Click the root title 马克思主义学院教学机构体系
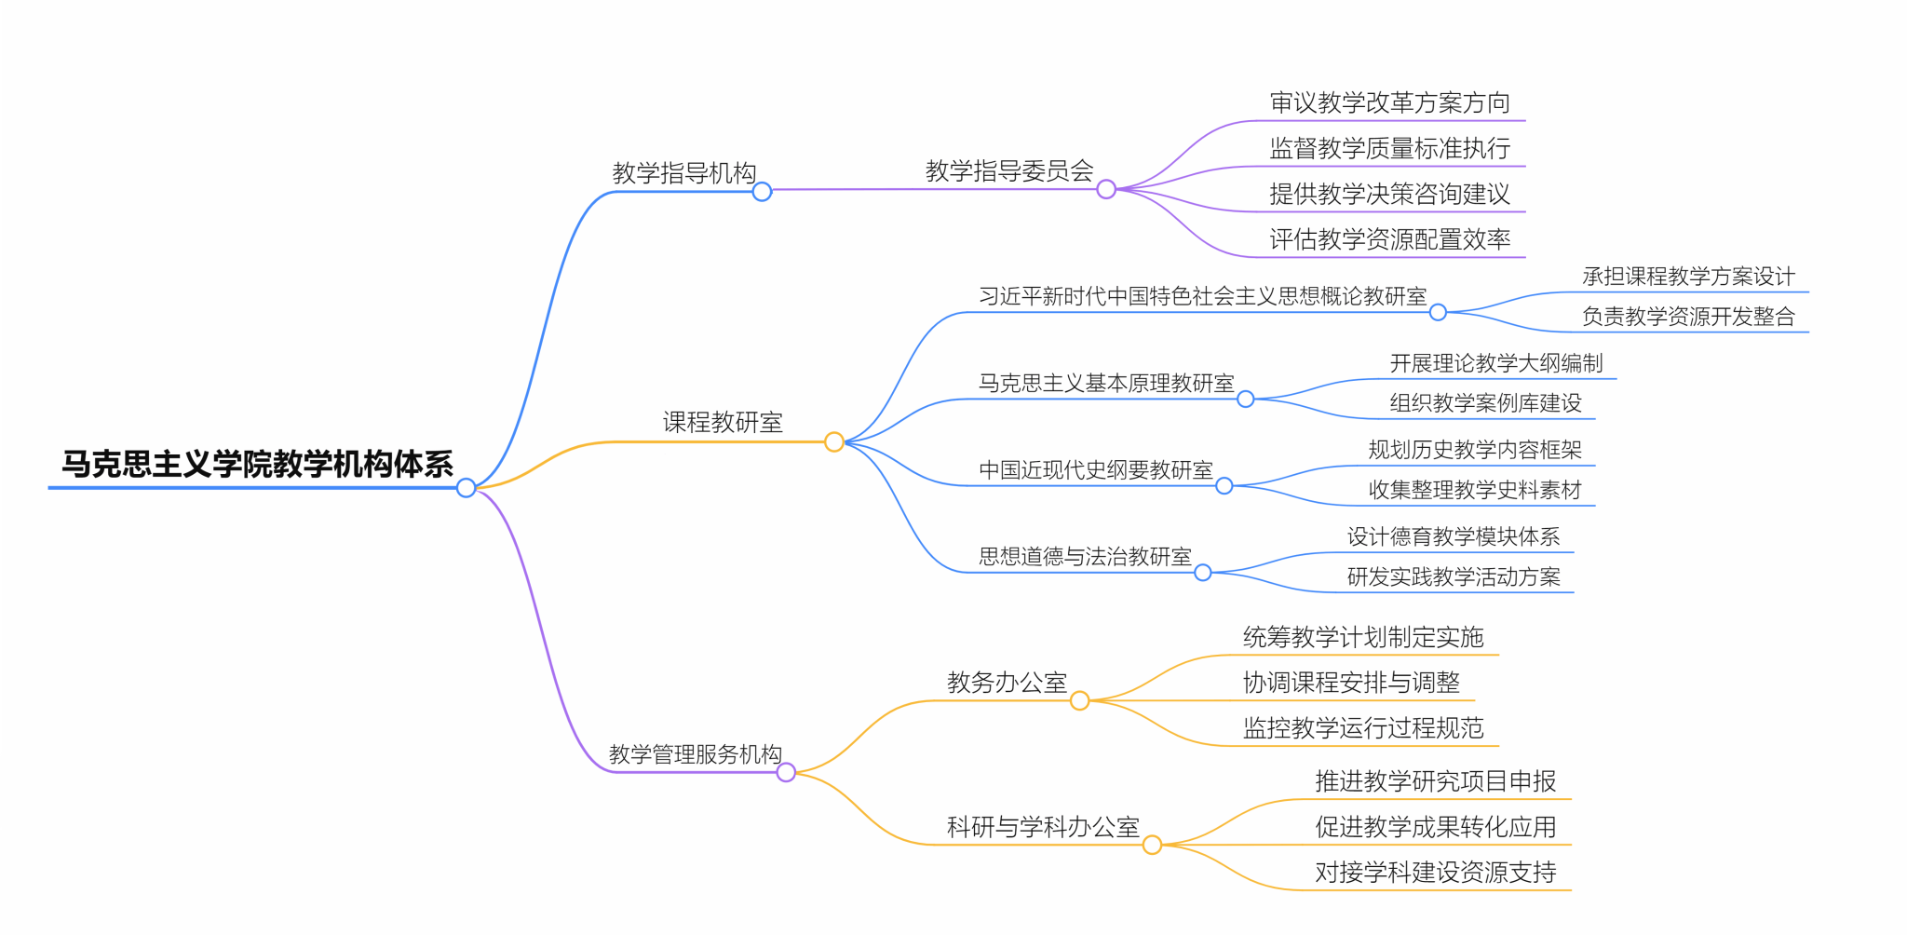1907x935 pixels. tap(257, 464)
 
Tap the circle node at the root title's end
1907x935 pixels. tap(467, 488)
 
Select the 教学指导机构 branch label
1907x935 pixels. tap(683, 173)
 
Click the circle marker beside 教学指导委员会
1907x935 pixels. tap(1106, 190)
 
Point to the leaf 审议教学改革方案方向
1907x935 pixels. tap(1389, 102)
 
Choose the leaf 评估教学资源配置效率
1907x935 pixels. tap(1389, 239)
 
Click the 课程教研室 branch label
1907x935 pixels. tap(723, 423)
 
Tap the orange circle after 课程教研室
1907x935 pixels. tap(834, 441)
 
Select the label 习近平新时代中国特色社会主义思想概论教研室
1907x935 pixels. tap(1202, 296)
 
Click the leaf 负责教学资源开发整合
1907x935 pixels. tap(1688, 317)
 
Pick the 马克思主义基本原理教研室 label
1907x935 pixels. tap(1106, 383)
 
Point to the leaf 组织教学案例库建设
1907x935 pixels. tap(1485, 403)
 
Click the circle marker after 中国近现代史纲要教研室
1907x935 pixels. tap(1224, 486)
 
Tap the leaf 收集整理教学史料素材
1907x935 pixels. tap(1475, 490)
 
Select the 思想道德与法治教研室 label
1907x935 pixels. tap(1085, 557)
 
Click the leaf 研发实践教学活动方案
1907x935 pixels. tap(1454, 577)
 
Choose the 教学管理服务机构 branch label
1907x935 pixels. tap(695, 754)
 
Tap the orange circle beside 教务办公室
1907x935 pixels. tap(1080, 701)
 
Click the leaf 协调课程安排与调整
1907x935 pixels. tap(1351, 683)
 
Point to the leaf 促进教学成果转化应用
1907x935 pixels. tap(1435, 827)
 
